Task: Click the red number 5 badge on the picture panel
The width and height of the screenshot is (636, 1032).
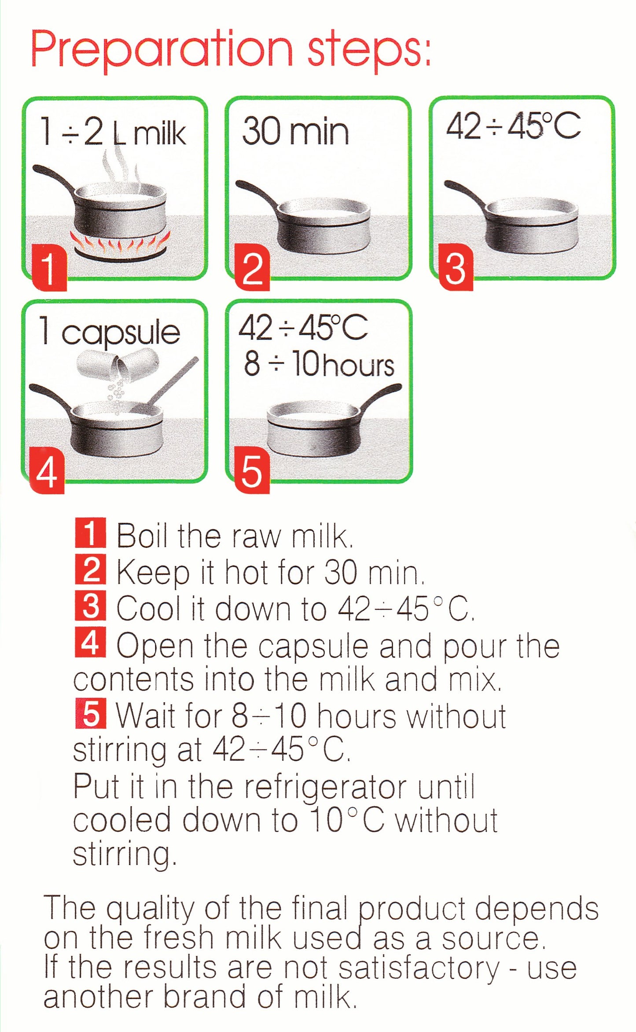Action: click(252, 470)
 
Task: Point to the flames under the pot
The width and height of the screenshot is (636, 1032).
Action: click(120, 243)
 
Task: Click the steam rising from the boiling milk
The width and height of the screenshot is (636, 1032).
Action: click(121, 170)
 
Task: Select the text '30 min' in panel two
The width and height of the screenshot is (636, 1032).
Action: click(295, 131)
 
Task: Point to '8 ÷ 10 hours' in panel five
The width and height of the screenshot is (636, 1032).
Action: click(319, 364)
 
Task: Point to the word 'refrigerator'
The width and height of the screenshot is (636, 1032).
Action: click(326, 787)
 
